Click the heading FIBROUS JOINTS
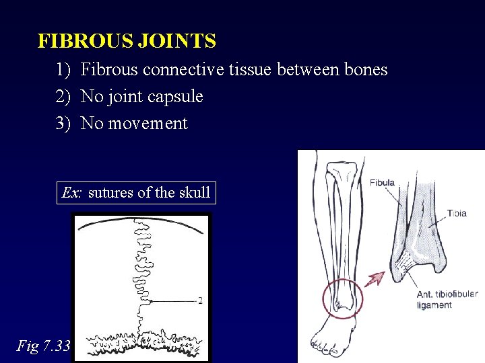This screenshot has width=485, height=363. pos(127,42)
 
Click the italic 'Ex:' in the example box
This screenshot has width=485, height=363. pos(72,193)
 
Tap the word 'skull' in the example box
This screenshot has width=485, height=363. pos(195,193)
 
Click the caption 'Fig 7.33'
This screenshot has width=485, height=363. pos(43,346)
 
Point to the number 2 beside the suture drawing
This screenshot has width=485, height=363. pos(200,300)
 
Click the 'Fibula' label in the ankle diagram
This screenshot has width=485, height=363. pos(382,182)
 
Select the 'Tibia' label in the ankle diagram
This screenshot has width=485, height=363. pos(456,213)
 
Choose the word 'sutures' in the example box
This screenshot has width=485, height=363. pos(111,193)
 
